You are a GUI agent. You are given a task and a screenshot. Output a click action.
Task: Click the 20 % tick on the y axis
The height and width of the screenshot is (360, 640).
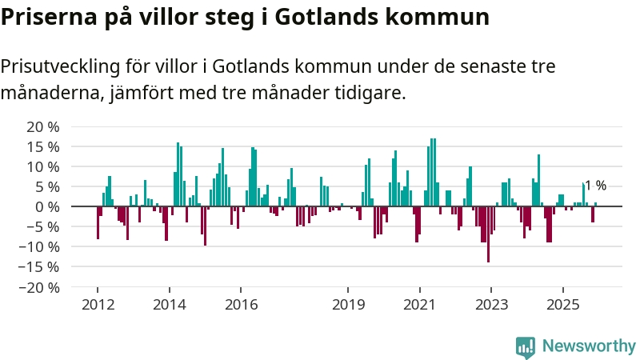pyautogui.click(x=43, y=126)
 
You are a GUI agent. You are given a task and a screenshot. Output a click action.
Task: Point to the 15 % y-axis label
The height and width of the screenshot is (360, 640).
pyautogui.click(x=43, y=146)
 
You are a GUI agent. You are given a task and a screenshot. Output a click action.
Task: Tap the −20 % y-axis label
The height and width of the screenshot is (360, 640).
pyautogui.click(x=40, y=286)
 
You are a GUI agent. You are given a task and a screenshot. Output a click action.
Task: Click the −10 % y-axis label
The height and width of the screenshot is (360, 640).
pyautogui.click(x=40, y=246)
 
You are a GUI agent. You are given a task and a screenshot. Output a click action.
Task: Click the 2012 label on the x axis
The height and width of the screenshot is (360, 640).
pyautogui.click(x=97, y=304)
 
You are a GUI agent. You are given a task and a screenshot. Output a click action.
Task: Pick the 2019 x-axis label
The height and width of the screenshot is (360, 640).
pyautogui.click(x=348, y=304)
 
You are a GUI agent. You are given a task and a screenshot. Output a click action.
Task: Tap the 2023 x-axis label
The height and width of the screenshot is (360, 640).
pyautogui.click(x=490, y=304)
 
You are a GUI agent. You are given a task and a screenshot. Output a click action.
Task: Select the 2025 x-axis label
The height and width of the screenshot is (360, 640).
pyautogui.click(x=562, y=304)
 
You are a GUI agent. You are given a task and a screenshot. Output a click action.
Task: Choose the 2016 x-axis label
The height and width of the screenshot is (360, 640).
pyautogui.click(x=241, y=304)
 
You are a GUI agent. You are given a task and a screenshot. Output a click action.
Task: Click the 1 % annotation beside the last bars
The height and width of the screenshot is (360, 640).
pyautogui.click(x=596, y=186)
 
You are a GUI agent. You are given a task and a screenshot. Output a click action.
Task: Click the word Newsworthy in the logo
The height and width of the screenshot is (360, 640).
pyautogui.click(x=589, y=346)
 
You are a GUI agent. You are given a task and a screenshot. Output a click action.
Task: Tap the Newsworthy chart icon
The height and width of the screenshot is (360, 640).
pyautogui.click(x=526, y=346)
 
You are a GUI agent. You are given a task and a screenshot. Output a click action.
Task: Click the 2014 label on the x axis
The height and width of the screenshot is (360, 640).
pyautogui.click(x=169, y=304)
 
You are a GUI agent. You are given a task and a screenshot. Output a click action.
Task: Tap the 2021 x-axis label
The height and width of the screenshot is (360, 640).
pyautogui.click(x=419, y=304)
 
